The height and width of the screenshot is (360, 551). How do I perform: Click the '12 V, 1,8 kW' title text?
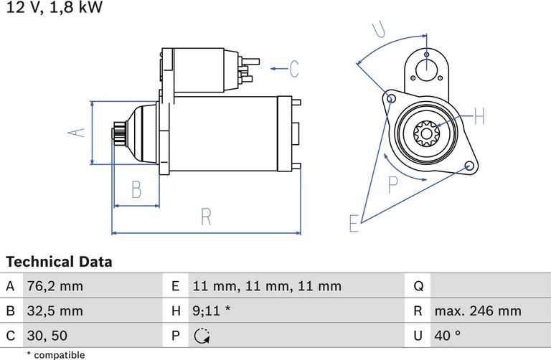click(54, 9)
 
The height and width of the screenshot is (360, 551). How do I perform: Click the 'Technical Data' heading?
click(59, 262)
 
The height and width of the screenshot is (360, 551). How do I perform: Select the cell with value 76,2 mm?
click(55, 286)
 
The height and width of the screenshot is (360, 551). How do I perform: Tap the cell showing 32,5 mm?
click(55, 311)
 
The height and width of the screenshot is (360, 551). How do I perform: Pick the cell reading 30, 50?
click(47, 335)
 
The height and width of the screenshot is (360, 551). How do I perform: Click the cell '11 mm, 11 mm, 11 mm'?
click(267, 286)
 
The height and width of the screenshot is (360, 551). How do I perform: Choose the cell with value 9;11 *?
click(212, 311)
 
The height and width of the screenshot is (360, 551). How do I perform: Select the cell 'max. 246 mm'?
click(477, 311)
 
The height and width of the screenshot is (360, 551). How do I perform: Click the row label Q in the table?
click(418, 286)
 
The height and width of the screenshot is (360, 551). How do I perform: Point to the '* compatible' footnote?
click(55, 354)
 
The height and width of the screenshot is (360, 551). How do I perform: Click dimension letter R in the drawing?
click(206, 216)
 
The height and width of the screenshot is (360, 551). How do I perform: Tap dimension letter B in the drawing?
click(136, 190)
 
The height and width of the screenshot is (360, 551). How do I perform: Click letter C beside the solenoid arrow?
click(293, 69)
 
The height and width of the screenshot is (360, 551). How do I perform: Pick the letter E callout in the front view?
click(354, 223)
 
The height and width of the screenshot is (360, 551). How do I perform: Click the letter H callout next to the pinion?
click(479, 116)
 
